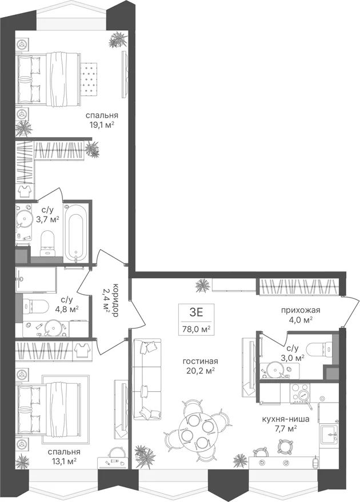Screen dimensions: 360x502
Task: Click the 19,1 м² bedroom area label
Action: click(102, 124)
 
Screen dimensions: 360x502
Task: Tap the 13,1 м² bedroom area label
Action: click(64, 461)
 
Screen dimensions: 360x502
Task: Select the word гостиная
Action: click(200, 361)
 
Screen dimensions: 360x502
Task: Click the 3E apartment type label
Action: click(197, 312)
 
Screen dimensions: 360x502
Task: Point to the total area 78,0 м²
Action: click(196, 328)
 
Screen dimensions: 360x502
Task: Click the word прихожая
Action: click(301, 310)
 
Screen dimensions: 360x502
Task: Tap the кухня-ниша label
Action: click(286, 419)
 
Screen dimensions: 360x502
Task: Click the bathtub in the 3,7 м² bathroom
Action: click(75, 233)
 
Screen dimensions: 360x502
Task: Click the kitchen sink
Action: click(330, 435)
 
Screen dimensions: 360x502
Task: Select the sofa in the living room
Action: click(146, 379)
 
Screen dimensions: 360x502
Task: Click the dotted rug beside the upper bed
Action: click(89, 79)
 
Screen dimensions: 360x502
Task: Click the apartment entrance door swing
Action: click(350, 311)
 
